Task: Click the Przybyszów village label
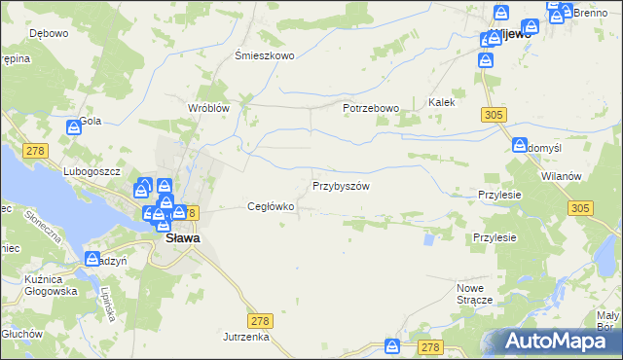point(340,186)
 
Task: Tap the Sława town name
point(182,237)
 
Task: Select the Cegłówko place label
point(271,206)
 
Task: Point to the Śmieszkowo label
point(265,56)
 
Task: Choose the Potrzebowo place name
point(371,108)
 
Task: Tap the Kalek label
point(442,102)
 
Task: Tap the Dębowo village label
point(48,34)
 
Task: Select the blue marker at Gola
point(74,126)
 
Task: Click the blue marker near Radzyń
point(93,259)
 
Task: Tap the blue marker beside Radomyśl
point(520,146)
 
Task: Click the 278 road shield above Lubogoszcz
point(37,149)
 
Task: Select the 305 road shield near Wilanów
point(581,208)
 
